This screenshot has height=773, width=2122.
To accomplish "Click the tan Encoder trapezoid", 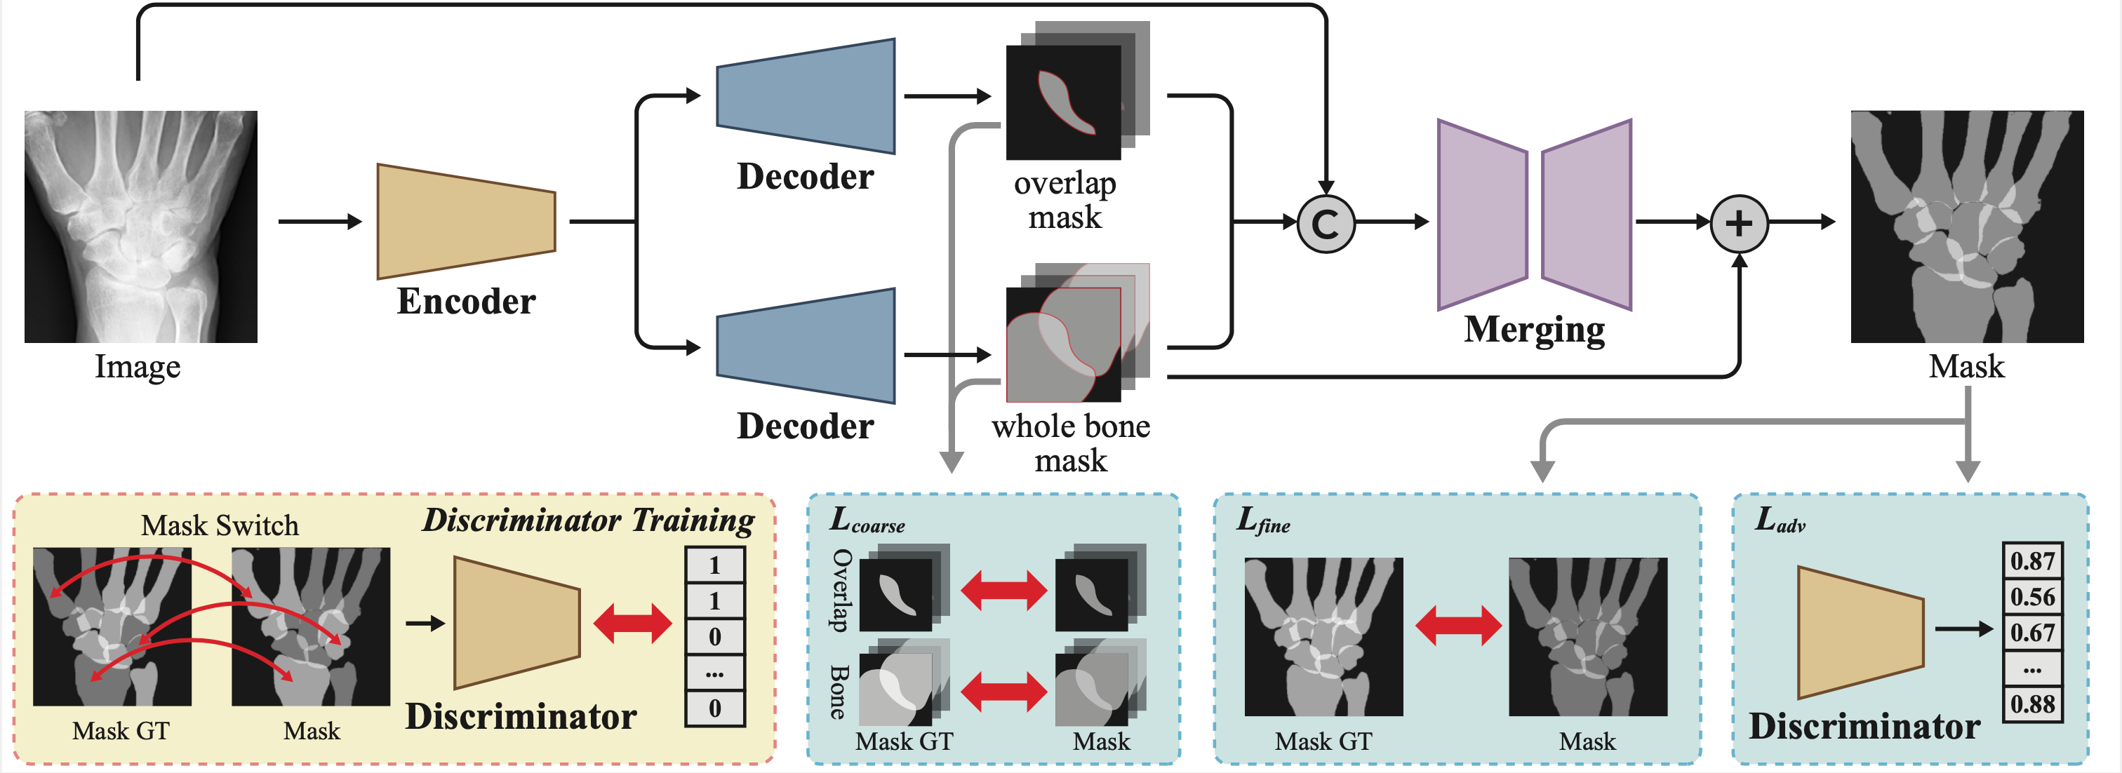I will click(x=465, y=222).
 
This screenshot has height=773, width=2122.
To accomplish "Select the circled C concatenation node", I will click(x=1326, y=224).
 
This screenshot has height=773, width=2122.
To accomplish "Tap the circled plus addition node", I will click(x=1738, y=224).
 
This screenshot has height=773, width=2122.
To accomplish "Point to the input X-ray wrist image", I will click(x=141, y=227).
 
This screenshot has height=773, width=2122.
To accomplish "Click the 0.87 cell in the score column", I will click(x=2031, y=561).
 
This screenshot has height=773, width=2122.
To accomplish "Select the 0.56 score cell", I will click(x=2031, y=597).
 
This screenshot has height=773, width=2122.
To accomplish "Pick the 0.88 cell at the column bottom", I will click(x=2031, y=705).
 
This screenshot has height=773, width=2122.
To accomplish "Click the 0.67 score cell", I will click(x=2031, y=633).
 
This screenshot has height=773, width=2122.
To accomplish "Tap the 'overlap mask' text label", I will click(x=1065, y=200).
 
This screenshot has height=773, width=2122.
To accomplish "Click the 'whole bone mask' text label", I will click(x=1070, y=443).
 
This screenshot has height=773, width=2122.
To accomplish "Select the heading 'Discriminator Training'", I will click(x=588, y=520).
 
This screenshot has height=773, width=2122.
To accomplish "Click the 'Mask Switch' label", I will click(x=219, y=525).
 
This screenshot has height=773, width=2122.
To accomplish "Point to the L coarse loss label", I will click(x=866, y=520).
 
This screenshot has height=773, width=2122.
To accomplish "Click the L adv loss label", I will click(x=1780, y=520).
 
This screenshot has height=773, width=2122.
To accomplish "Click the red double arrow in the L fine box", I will click(x=1457, y=626).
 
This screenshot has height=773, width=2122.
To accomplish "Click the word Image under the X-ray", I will click(x=138, y=366).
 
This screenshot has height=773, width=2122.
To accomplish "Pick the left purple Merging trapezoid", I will click(x=1481, y=215).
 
